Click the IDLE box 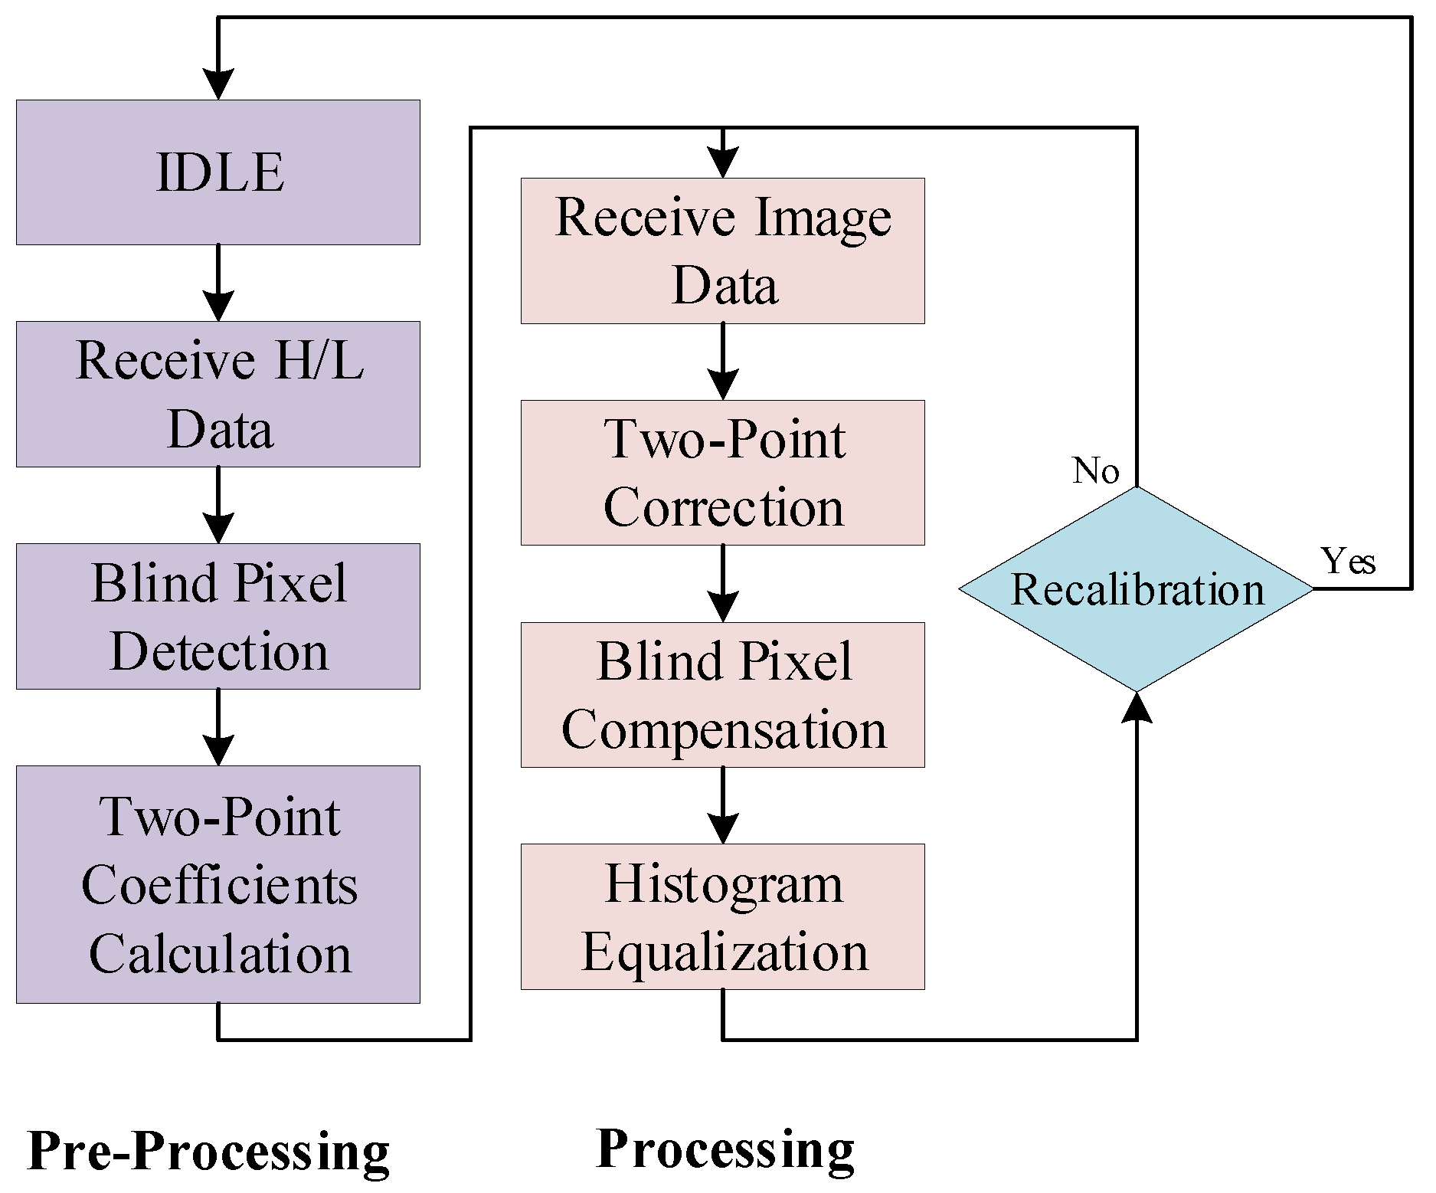218,172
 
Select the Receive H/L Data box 218,394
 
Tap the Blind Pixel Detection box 218,616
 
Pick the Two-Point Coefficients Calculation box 218,884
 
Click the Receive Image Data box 723,251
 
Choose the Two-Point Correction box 723,473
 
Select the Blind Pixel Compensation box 723,695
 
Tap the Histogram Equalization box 723,916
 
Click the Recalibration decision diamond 1137,589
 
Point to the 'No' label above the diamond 1096,470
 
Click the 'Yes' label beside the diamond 1349,561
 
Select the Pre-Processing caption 208,1152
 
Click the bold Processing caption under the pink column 725,1149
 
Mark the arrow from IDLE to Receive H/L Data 218,283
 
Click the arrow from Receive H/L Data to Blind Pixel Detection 218,505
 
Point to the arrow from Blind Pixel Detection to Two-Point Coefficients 218,727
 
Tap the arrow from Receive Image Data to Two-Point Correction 723,362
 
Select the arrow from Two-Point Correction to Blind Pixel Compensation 723,584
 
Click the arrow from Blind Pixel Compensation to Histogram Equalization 723,805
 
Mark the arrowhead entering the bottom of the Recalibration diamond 1137,706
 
